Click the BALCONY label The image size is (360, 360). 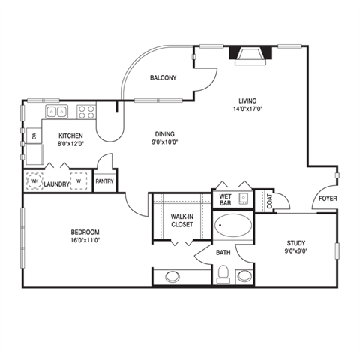[x=163, y=78]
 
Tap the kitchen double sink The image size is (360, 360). [x=56, y=112]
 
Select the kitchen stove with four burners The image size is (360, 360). [x=86, y=112]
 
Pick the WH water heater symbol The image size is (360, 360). [x=34, y=181]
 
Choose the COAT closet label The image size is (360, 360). [x=269, y=199]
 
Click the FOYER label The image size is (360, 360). [x=327, y=199]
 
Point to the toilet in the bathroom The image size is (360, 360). [x=223, y=277]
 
